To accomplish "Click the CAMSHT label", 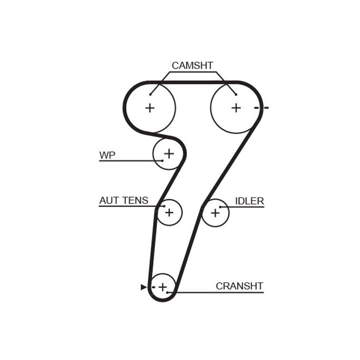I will click(192, 65).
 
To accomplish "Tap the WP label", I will click(107, 155).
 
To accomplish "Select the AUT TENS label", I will click(123, 200).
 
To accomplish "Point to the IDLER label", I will click(249, 201).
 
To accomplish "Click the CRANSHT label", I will click(239, 286).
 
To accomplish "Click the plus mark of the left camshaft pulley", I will click(149, 107).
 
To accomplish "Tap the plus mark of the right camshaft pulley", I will click(235, 107).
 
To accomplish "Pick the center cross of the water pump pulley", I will click(169, 153).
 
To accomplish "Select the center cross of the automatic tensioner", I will click(169, 212).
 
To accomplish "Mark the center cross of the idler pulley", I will click(215, 212).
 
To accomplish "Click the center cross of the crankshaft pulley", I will click(162, 287).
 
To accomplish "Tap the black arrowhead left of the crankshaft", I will click(143, 287).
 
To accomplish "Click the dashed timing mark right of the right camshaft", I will click(261, 107).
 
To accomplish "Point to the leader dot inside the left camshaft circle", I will click(150, 94).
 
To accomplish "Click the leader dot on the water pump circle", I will click(162, 160).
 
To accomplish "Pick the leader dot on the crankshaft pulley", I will click(168, 292).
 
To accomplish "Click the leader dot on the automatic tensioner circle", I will click(163, 206).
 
